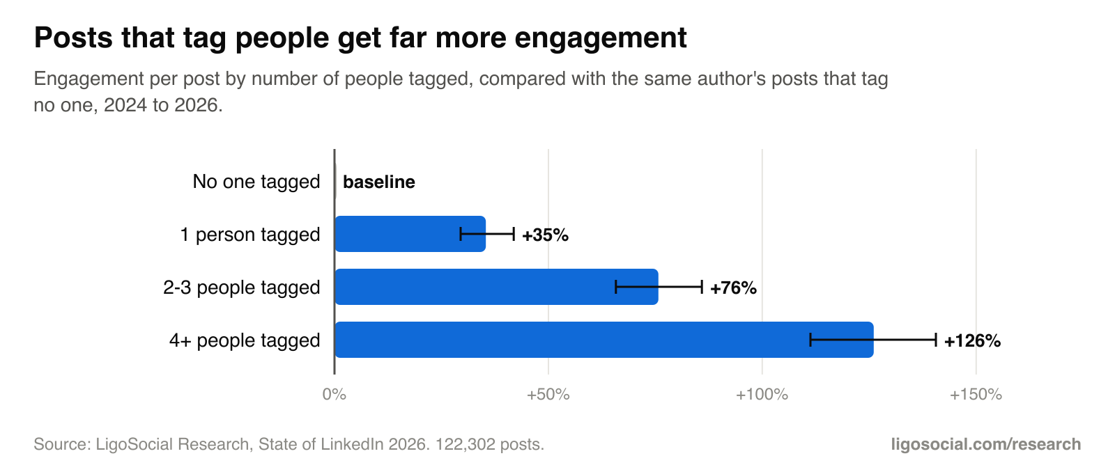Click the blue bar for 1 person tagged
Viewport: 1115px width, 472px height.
410,234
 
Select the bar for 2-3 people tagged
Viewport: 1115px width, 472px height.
497,287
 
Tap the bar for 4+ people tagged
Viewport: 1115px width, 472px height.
604,340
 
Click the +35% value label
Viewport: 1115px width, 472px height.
545,235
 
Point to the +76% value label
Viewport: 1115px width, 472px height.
733,288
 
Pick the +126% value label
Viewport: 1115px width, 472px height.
972,340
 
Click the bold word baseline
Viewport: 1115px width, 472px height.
379,182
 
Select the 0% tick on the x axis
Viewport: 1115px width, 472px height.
334,395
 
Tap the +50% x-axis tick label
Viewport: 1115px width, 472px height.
548,395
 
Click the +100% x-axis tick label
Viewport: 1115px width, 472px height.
762,395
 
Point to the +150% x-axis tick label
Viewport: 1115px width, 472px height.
976,395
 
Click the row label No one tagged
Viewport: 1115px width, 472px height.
256,182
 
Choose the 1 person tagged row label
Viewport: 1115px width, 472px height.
250,235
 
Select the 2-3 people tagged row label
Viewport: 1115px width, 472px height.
241,288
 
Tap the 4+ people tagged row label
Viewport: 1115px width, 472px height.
245,340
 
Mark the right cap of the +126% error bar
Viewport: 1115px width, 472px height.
936,340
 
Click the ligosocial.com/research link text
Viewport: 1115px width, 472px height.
985,444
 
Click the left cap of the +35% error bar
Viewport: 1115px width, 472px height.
461,234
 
